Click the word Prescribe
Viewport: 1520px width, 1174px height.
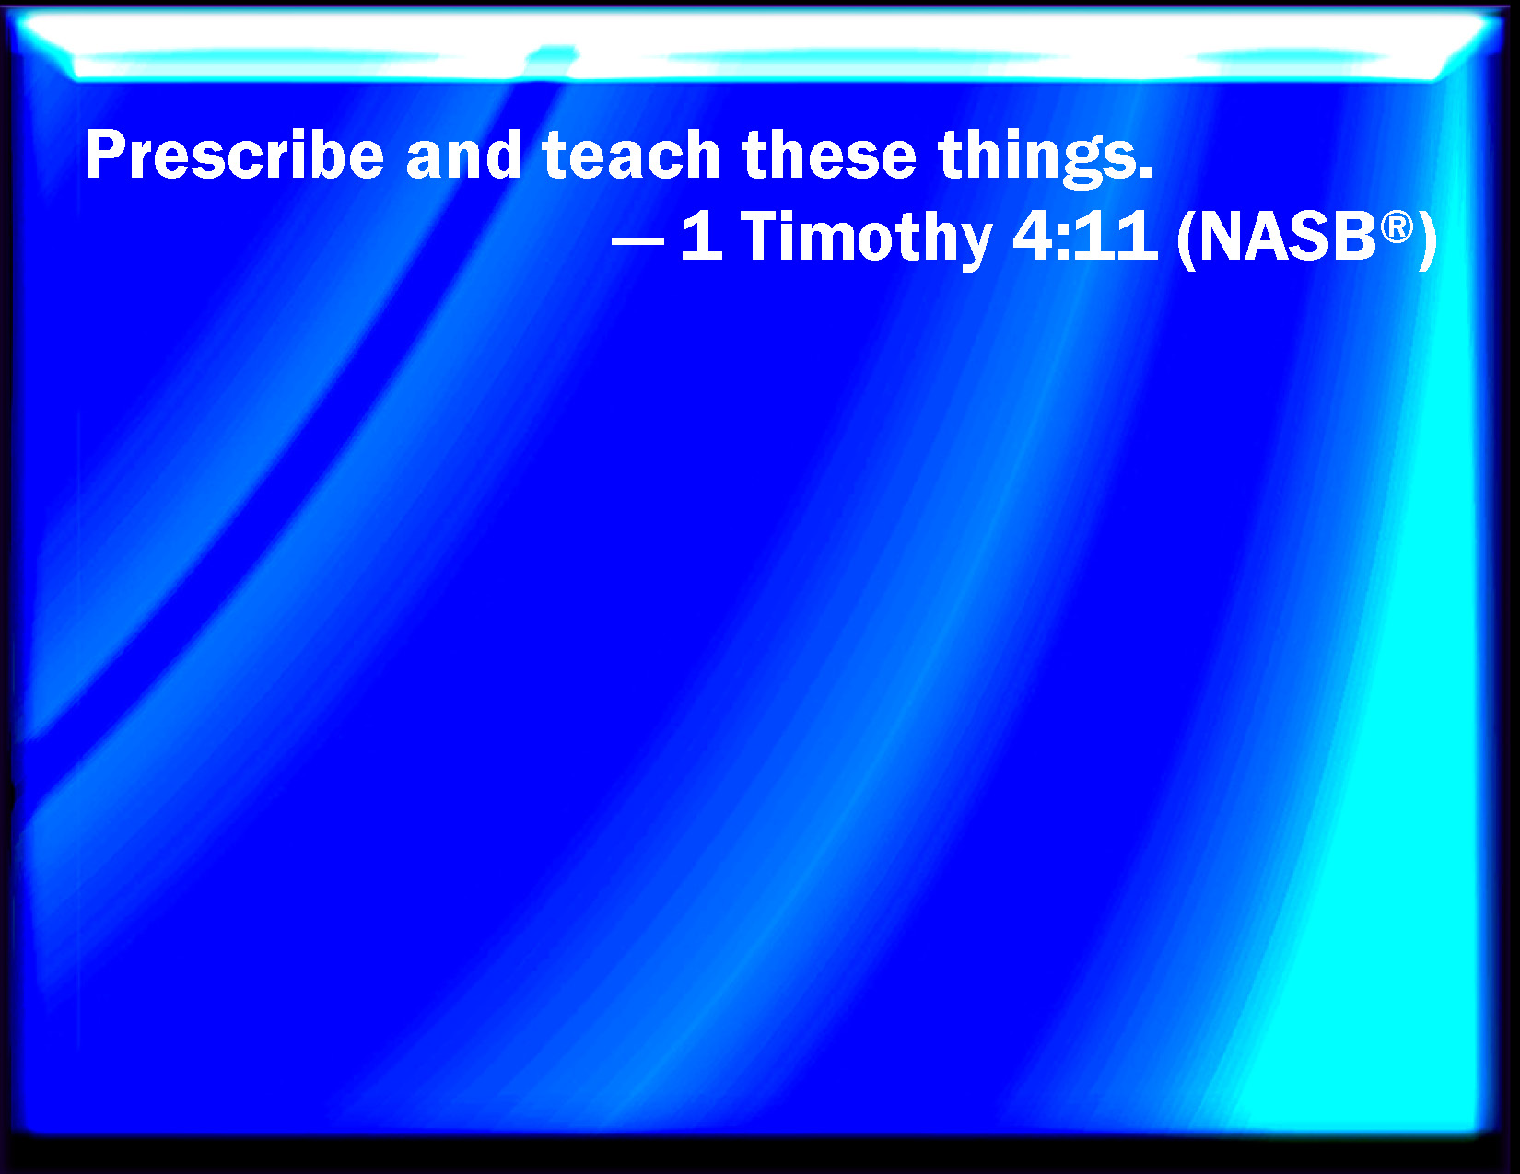tap(234, 155)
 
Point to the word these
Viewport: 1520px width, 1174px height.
tap(829, 155)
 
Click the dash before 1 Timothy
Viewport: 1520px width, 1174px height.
tap(637, 240)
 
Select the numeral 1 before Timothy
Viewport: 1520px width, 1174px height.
tap(702, 237)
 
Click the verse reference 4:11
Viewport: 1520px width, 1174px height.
tap(1084, 237)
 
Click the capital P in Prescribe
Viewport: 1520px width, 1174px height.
tap(105, 155)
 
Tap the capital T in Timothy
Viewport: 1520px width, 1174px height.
tap(763, 237)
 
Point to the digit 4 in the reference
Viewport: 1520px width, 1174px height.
tap(1034, 237)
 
